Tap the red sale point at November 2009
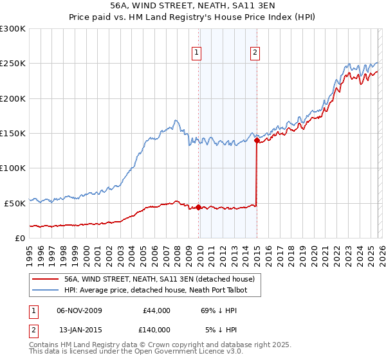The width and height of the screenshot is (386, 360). click(198, 207)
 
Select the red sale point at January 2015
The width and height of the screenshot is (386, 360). click(257, 139)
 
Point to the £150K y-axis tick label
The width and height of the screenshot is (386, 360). click(13, 134)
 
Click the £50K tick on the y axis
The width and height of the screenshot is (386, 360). click(15, 203)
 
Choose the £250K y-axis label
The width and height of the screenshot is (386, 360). click(13, 64)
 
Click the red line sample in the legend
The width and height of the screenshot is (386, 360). click(45, 280)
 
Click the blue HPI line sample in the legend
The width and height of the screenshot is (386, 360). click(45, 291)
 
